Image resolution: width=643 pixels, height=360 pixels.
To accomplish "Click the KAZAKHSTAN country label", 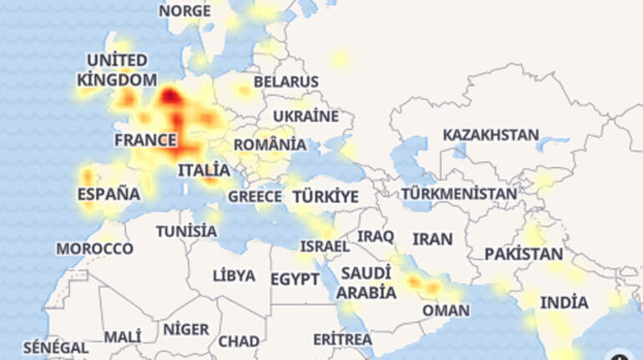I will tap(491, 134).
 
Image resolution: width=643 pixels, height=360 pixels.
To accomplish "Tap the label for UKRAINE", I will tap(306, 116).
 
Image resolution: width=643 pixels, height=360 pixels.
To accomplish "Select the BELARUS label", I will tap(286, 82).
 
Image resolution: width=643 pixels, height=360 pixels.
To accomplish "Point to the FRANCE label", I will tap(145, 140).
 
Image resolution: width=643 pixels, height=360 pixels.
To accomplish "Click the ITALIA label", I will tap(204, 170).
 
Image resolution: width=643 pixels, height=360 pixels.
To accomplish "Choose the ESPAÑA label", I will tap(109, 194).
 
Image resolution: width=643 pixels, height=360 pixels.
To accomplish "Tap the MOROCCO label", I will tap(94, 249).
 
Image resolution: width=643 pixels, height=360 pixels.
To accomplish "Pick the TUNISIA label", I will tap(186, 231).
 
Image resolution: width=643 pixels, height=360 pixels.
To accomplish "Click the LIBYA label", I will tap(234, 276).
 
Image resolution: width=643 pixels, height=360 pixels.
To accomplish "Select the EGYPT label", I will tap(295, 279).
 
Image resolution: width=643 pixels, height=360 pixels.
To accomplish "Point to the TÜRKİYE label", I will tap(326, 197).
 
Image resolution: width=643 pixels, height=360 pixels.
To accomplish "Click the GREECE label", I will tap(255, 196).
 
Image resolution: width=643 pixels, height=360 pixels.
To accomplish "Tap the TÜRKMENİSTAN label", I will tap(459, 194).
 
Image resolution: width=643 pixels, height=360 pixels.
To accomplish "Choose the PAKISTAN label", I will tap(524, 253).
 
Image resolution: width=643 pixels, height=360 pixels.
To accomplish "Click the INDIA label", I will tap(564, 302).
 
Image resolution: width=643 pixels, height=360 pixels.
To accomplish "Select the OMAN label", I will tap(446, 310).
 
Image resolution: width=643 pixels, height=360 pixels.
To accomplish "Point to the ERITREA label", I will tap(342, 339).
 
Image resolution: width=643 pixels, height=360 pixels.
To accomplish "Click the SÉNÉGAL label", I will tap(55, 347).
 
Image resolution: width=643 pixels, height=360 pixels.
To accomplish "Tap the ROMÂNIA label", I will tap(269, 145).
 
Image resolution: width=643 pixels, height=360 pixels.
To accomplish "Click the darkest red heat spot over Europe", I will tap(170, 96).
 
